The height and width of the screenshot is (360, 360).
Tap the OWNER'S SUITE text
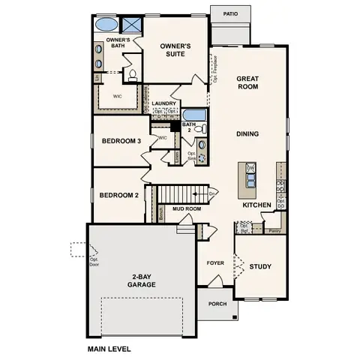[x=175, y=49]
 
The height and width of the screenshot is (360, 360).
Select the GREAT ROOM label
[x=247, y=82]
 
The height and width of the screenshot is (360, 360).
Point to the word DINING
[x=247, y=134]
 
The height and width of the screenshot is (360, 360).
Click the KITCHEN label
[x=256, y=205]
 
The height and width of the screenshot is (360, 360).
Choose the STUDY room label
[x=260, y=266]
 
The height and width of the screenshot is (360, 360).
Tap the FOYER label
[x=215, y=263]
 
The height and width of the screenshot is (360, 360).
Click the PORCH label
[x=217, y=304]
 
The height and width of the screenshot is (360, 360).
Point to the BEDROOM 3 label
[x=121, y=140]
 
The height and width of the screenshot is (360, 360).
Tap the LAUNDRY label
[x=164, y=104]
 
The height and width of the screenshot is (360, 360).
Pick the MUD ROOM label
[x=184, y=210]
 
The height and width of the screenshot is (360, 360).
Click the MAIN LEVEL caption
[x=109, y=349]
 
